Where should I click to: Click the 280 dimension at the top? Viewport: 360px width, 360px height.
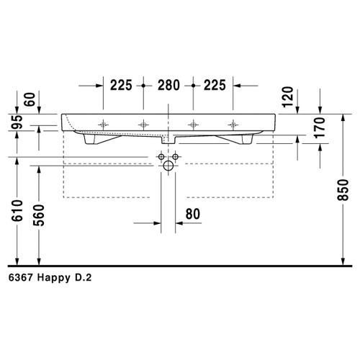click(x=168, y=85)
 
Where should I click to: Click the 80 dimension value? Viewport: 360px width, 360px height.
click(x=194, y=214)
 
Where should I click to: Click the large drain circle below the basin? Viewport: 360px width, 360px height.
click(x=168, y=167)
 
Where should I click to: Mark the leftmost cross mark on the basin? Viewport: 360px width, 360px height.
click(x=104, y=124)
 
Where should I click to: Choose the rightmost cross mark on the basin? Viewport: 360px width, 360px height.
click(x=232, y=124)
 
